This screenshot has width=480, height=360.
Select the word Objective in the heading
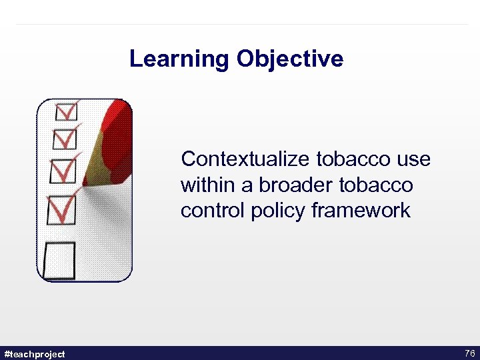click(x=289, y=59)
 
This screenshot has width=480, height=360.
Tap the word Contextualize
click(x=246, y=160)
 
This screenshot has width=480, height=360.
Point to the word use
click(x=414, y=160)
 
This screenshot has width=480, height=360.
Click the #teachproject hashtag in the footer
click(x=35, y=354)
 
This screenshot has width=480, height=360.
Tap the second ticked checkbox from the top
click(x=65, y=139)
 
